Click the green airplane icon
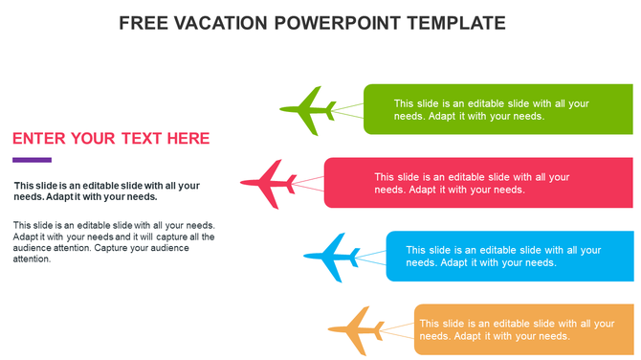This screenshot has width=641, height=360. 308,111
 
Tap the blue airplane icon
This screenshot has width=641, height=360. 331,257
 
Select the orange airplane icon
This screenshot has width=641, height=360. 355,330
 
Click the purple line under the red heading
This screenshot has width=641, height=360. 32,160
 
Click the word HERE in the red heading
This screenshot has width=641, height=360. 188,139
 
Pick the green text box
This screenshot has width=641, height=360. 497,109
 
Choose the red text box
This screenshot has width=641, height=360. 478,183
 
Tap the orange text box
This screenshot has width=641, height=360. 523,329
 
